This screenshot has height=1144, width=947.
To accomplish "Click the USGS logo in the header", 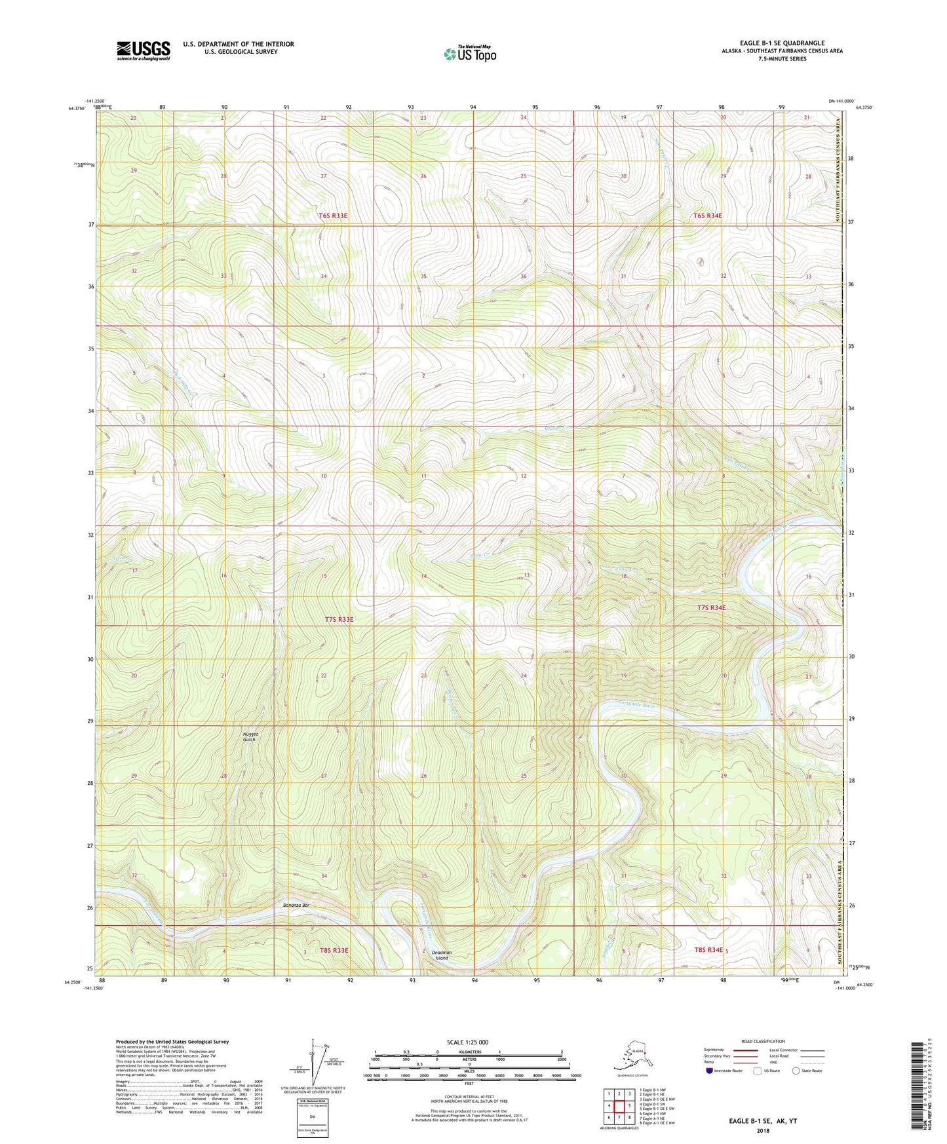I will [143, 50].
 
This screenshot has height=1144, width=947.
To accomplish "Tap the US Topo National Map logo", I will [469, 53].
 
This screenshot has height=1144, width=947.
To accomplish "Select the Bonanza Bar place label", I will [296, 905].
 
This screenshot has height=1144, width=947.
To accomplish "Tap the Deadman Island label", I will [442, 955].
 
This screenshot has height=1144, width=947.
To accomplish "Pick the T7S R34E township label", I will [711, 607].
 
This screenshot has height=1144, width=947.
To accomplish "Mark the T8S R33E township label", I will [334, 950].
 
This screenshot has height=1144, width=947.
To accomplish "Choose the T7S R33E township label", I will [339, 619].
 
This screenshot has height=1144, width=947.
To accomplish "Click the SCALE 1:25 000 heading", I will [468, 1042].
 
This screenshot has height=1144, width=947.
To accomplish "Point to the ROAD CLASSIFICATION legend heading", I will [763, 1041].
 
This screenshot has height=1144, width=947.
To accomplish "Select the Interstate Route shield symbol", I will [710, 1071].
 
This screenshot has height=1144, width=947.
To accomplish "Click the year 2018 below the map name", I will [763, 1130].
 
